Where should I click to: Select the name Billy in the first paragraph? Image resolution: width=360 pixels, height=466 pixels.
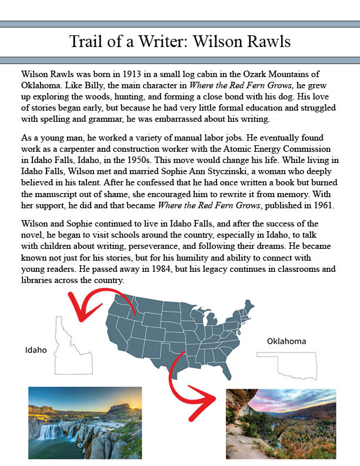[x=94, y=85]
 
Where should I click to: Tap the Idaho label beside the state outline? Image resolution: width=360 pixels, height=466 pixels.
[x=36, y=350]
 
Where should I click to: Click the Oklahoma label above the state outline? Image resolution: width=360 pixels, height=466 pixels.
[x=286, y=341]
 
